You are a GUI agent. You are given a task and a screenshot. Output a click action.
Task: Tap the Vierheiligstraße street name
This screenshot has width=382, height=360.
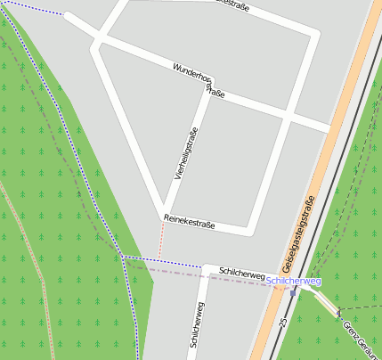(x=186, y=154)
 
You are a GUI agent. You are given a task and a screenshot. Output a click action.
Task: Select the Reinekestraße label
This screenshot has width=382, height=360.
(x=190, y=222)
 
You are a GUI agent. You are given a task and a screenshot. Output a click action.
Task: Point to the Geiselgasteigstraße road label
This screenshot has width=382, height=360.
(x=299, y=233)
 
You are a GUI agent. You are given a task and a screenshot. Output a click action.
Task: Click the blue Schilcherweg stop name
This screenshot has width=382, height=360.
(x=294, y=281)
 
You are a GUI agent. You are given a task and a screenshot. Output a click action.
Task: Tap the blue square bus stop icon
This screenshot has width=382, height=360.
(x=293, y=292)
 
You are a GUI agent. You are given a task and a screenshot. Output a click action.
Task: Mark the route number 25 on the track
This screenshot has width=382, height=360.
(x=282, y=320)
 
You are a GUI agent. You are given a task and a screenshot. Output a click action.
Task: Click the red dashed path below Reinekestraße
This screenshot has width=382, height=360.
(x=161, y=240)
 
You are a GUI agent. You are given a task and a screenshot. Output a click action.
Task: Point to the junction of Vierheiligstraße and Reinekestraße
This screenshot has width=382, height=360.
(x=164, y=216)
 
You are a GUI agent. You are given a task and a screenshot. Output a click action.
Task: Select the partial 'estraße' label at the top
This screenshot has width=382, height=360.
(x=232, y=4)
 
